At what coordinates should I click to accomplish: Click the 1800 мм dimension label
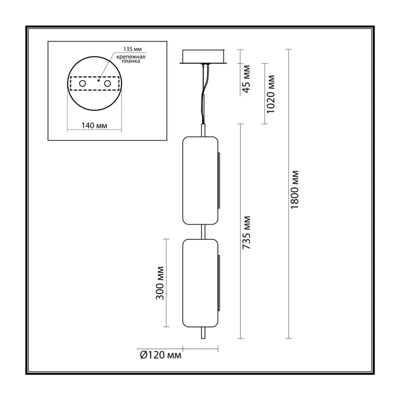294,189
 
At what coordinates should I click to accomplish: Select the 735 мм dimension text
246,232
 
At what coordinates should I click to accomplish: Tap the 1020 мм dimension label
270,94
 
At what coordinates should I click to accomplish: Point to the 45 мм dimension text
246,79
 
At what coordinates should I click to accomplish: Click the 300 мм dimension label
159,283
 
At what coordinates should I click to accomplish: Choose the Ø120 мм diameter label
160,355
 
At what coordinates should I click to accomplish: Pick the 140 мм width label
94,125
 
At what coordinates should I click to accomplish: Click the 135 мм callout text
132,49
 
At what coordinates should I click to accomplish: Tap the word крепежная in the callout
131,56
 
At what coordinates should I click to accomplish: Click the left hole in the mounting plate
82,83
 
